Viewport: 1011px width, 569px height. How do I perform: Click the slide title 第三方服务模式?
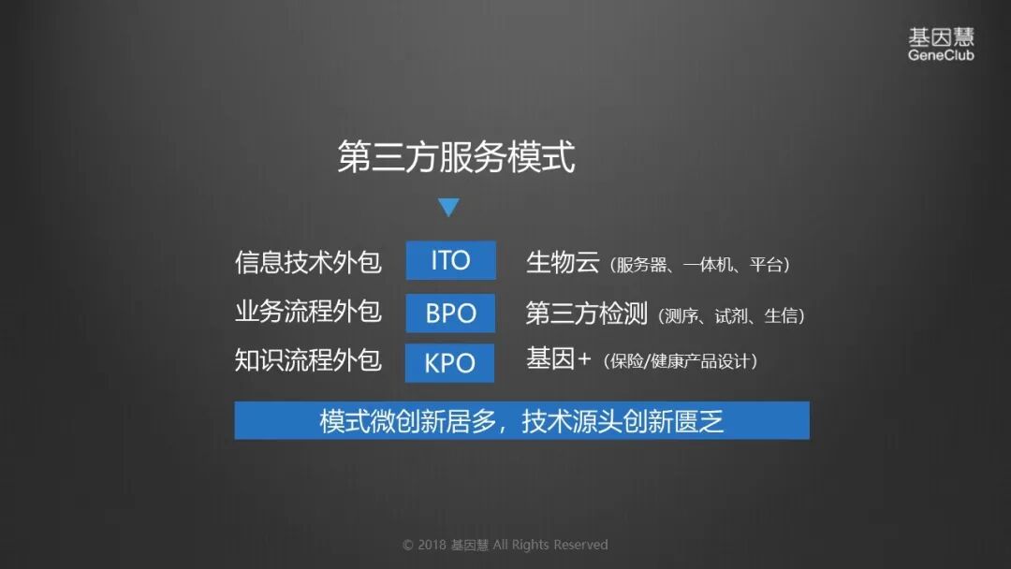(x=456, y=157)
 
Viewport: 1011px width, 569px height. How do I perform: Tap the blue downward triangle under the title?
(x=448, y=208)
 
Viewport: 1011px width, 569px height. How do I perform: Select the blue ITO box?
(x=450, y=260)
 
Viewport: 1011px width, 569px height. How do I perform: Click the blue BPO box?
(x=450, y=313)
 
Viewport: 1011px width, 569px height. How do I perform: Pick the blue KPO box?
(x=449, y=362)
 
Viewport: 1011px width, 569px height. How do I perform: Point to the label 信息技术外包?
(x=308, y=261)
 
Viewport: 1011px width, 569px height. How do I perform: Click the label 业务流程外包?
(x=308, y=312)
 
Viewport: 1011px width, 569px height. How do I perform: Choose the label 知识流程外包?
(x=308, y=361)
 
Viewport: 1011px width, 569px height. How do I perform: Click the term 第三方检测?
(x=586, y=314)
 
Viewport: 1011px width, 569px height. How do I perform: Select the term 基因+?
(x=558, y=359)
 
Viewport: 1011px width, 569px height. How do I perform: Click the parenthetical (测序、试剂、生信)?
(x=732, y=316)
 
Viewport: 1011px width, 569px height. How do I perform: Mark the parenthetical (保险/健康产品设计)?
(x=680, y=362)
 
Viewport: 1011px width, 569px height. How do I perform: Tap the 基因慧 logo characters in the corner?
(x=941, y=37)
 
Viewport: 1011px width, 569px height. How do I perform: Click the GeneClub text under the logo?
(x=941, y=55)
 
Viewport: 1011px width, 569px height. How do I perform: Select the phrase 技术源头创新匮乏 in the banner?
(x=623, y=422)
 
